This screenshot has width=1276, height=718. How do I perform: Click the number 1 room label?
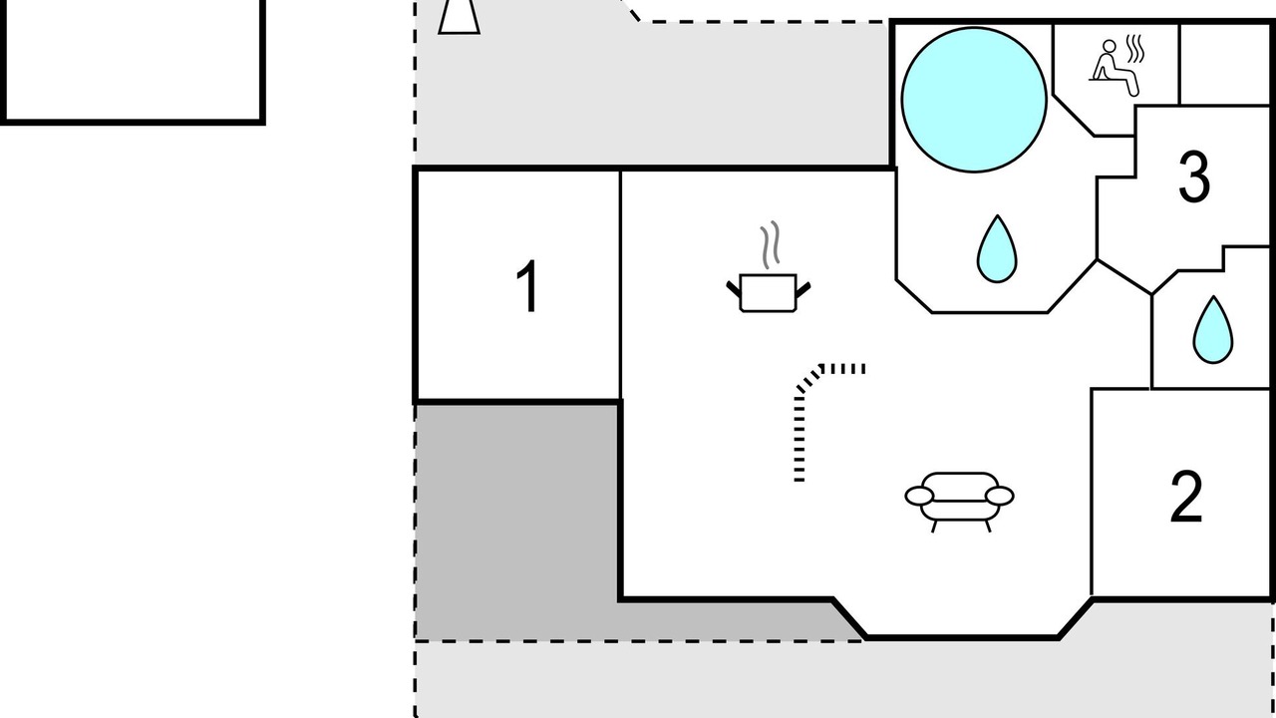tap(528, 286)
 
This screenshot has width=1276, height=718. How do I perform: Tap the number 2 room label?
tap(1186, 497)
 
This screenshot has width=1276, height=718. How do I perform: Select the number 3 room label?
tap(1194, 177)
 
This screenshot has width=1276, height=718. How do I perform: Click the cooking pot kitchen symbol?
tap(768, 293)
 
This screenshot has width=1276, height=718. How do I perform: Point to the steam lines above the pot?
tap(770, 245)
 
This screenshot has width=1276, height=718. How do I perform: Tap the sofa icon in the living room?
tap(959, 502)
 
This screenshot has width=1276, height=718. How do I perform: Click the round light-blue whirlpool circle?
tap(974, 99)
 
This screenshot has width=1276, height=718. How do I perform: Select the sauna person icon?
tap(1114, 67)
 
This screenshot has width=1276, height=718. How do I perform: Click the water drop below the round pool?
tap(997, 249)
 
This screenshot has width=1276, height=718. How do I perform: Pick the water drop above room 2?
tap(1213, 330)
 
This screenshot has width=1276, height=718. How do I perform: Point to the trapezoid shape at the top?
tap(460, 17)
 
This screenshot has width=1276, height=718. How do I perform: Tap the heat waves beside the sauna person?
tap(1135, 49)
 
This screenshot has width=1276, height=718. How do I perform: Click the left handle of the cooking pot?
tap(734, 289)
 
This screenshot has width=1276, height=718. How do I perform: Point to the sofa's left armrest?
tap(919, 496)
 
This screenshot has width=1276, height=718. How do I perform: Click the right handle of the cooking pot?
tap(802, 290)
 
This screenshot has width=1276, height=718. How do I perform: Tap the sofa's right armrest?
tap(1000, 496)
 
